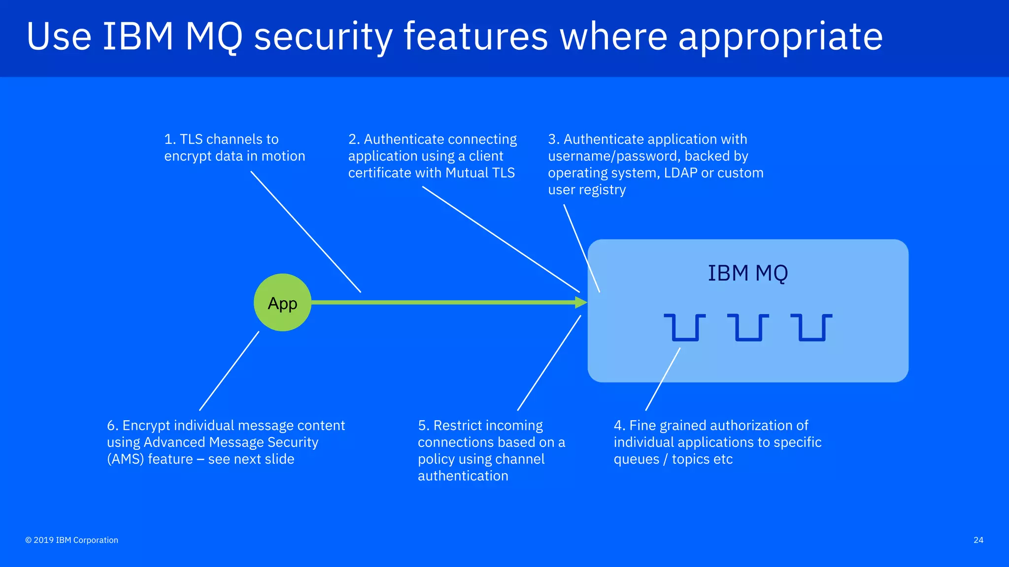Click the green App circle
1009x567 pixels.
(x=282, y=303)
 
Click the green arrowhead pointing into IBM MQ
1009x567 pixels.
(x=581, y=303)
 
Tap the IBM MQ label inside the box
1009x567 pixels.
(x=747, y=273)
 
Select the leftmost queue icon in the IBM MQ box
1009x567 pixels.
(x=684, y=328)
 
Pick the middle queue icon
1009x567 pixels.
(x=748, y=328)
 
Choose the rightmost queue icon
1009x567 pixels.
(x=811, y=328)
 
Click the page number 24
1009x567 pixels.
(x=978, y=540)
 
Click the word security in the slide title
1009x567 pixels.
(x=323, y=37)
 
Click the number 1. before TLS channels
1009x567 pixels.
(x=169, y=139)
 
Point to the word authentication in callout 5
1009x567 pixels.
(x=463, y=476)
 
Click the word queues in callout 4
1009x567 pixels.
(x=636, y=459)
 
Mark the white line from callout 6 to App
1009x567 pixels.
(x=229, y=371)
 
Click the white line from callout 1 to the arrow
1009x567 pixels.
(x=305, y=231)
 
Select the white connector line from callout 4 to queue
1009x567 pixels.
(x=663, y=379)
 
